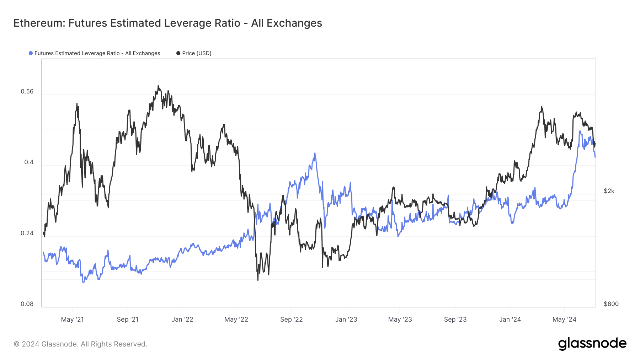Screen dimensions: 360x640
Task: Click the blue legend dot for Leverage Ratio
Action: pos(31,53)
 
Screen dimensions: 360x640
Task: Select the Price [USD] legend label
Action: pos(197,53)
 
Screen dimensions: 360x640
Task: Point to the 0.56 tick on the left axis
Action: pos(27,91)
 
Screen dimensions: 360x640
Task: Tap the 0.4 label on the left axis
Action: pos(29,162)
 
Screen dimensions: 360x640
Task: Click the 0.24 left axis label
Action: pos(27,233)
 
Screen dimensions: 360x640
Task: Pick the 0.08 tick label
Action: pos(27,304)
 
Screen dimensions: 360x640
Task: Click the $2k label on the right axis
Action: pos(609,191)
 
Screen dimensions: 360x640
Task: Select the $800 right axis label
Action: pos(611,304)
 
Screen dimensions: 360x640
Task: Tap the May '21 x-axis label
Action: pos(72,319)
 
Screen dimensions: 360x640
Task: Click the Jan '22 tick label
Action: pos(182,319)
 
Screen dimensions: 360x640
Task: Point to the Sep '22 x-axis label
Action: pos(291,319)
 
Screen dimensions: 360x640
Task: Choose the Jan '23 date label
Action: pos(346,319)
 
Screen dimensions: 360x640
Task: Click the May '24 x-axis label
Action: pos(564,319)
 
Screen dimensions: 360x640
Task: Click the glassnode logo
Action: pos(592,344)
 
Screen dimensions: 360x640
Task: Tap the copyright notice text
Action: pos(80,344)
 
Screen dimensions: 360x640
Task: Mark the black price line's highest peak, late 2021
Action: pos(159,86)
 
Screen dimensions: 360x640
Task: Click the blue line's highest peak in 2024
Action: pos(580,131)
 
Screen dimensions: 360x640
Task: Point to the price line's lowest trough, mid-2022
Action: pos(258,280)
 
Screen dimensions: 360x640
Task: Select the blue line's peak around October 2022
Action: pos(315,153)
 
